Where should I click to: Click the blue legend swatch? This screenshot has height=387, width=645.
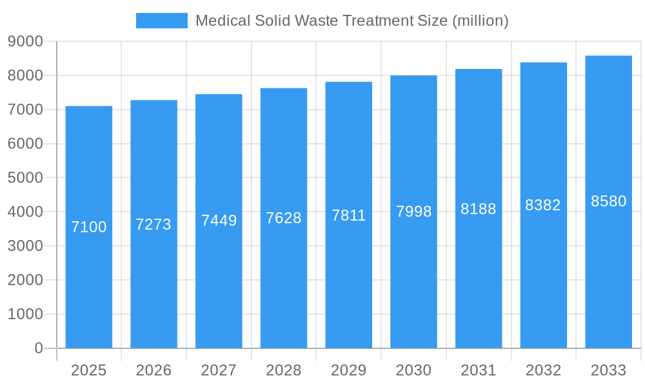161,21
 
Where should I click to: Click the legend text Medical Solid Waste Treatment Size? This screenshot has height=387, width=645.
352,21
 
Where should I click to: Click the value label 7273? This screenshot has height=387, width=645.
154,224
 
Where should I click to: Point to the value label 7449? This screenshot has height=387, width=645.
219,221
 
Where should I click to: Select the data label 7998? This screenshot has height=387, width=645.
413,212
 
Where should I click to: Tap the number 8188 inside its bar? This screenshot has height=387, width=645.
479,209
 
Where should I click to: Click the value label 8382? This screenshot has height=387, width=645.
543,205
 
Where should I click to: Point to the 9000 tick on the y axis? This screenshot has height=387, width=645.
25,41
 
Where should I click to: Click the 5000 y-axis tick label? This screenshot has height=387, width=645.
25,177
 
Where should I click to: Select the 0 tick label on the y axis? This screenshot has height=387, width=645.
38,348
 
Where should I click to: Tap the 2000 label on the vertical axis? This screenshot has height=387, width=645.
25,280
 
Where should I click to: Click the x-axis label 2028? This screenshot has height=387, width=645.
284,370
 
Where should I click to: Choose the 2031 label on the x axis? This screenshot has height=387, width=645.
479,370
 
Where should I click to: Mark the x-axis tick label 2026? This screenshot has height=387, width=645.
154,370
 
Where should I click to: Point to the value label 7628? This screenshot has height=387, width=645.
284,218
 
